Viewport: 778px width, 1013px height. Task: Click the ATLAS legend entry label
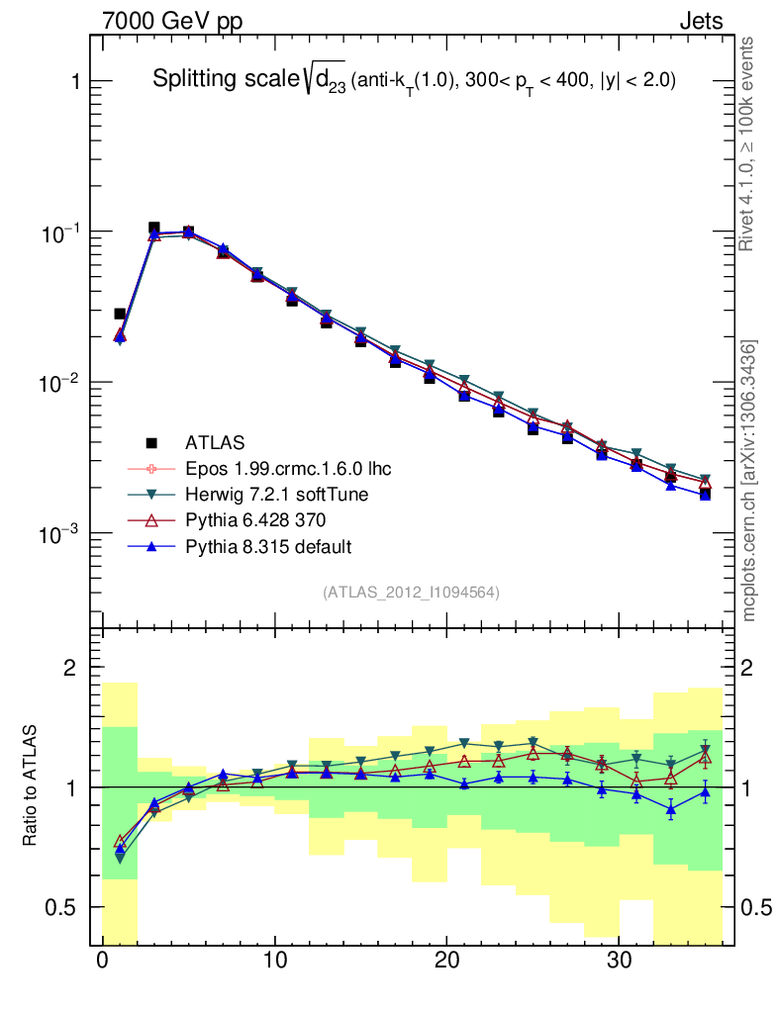point(215,441)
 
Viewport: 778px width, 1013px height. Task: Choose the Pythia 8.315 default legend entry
point(268,546)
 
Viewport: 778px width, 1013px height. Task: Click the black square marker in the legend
point(151,441)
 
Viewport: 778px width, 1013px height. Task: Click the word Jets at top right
point(700,22)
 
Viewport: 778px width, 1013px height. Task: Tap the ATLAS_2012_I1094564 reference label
point(411,593)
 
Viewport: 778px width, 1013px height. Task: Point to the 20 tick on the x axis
point(447,961)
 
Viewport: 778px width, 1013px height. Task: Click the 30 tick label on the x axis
point(620,961)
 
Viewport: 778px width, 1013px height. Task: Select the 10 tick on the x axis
point(275,961)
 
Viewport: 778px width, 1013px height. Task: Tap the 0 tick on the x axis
point(103,961)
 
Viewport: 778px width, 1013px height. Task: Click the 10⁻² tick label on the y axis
point(62,382)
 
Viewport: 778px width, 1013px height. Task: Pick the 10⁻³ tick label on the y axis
point(62,533)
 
